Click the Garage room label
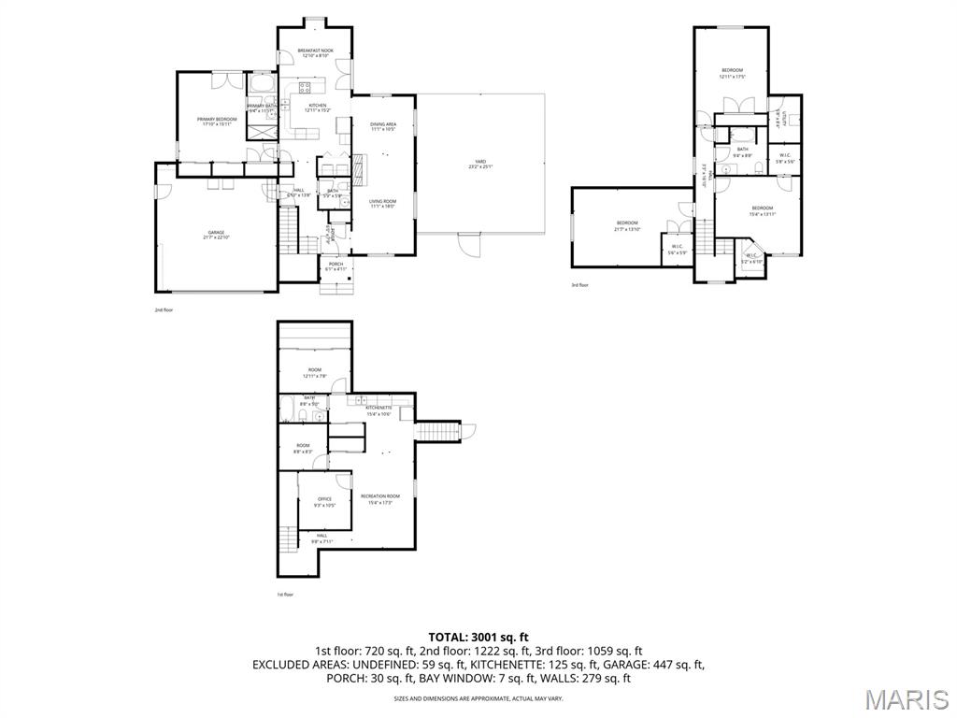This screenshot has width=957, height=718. tap(216, 235)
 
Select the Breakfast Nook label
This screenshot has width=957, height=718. tap(313, 52)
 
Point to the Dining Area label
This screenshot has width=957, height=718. tap(383, 126)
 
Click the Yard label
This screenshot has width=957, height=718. tap(479, 165)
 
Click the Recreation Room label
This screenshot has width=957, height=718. tap(380, 498)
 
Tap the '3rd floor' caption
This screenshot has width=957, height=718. tap(580, 285)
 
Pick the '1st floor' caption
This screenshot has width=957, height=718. tap(285, 595)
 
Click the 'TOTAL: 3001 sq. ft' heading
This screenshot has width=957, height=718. tap(478, 636)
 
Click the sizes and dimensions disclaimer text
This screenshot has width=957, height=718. tap(478, 698)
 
